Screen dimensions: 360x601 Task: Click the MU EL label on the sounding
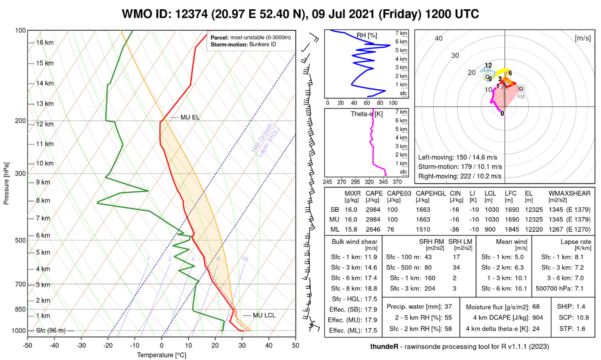pos(190,117)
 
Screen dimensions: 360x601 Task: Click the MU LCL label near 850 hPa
pos(264,315)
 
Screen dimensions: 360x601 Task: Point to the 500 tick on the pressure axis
pos(21,240)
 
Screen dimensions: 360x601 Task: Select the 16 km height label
pos(44,42)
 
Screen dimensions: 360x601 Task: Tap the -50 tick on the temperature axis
pos(27,345)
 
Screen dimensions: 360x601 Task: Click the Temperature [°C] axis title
pos(161,355)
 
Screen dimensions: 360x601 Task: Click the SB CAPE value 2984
pos(373,210)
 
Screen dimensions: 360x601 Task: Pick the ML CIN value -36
pos(455,229)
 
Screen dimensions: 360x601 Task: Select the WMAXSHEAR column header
pos(569,194)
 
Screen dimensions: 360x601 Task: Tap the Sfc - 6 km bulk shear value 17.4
pos(370,278)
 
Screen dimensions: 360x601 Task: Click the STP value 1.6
pos(581,329)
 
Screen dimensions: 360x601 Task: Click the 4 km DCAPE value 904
pos(538,318)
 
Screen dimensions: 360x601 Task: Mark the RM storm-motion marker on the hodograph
pos(521,88)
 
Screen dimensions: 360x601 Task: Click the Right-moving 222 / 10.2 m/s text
pos(460,176)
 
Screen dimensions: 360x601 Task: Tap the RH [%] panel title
pos(367,36)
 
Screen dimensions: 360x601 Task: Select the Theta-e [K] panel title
pos(367,114)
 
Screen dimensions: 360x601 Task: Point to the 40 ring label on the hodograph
pos(439,38)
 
